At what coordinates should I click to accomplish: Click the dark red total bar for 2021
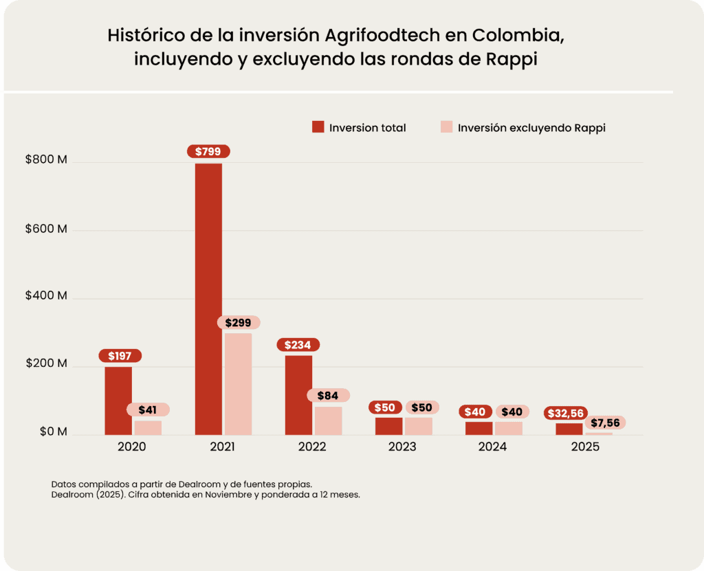point(208,299)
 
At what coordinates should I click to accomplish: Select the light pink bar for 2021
point(238,383)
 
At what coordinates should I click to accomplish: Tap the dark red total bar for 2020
point(118,401)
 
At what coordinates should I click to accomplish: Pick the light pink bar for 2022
point(328,421)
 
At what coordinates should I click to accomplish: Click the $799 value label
point(208,152)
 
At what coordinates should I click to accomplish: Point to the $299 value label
point(238,322)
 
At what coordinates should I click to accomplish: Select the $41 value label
point(148,410)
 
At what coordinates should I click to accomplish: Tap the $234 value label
point(298,345)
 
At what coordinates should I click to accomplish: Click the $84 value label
point(328,396)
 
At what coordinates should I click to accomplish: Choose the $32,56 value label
point(566,413)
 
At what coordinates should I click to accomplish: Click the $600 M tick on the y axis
point(46,229)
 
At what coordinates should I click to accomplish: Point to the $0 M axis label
point(52,432)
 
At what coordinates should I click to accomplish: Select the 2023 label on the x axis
point(402,447)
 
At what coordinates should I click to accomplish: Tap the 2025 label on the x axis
point(585,447)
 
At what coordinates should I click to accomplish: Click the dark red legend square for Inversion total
point(318,127)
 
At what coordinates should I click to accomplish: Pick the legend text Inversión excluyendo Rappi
point(531,128)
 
